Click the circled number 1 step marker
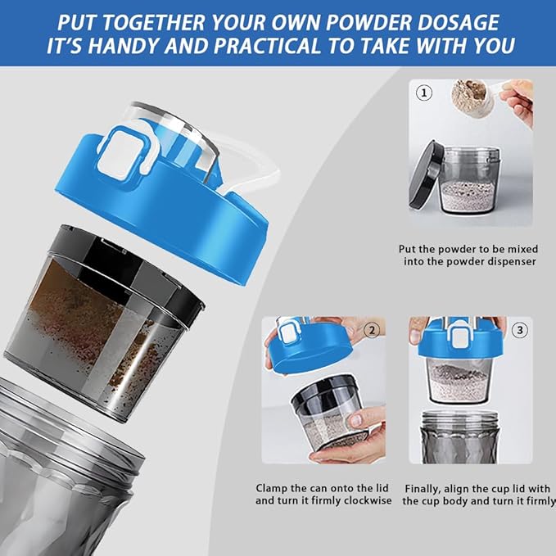point(424,93)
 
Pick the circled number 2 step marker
point(372,331)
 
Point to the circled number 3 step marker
point(519,331)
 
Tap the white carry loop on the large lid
point(258,168)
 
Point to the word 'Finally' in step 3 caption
point(428,486)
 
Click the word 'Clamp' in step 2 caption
point(273,486)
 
